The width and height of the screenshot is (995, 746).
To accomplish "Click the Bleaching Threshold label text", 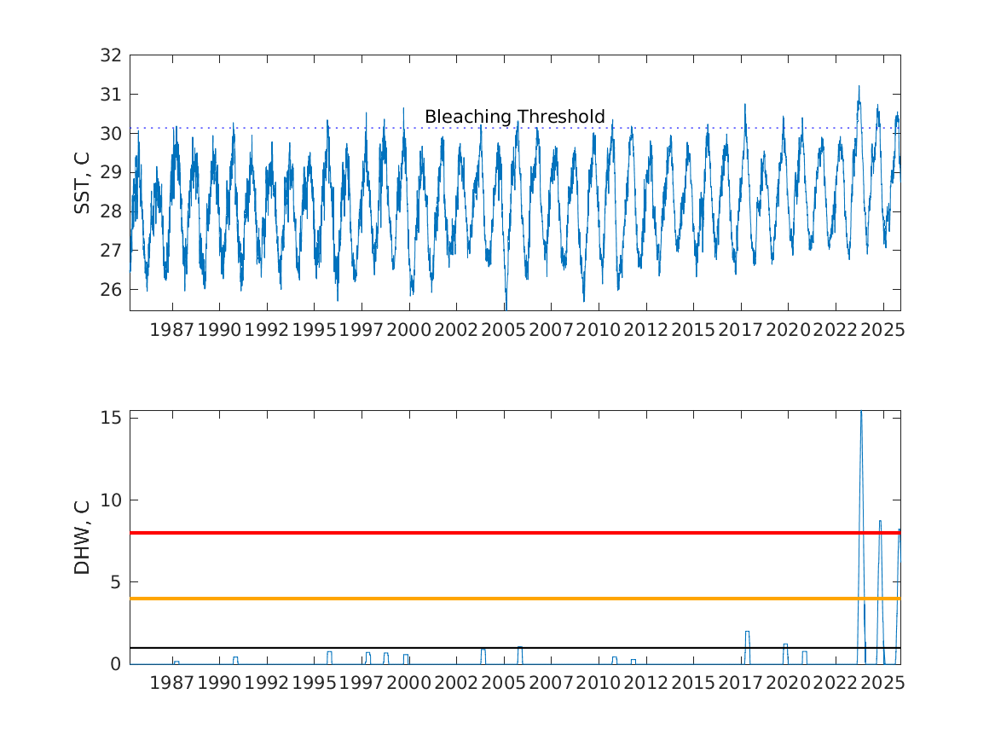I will [514, 117].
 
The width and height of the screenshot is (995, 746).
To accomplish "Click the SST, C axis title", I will [83, 182].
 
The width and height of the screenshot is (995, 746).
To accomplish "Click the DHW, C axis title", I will [83, 537].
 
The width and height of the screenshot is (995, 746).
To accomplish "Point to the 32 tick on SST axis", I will [113, 55].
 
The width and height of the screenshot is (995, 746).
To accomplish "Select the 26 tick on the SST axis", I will [113, 290].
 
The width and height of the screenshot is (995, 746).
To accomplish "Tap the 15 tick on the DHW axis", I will [113, 418].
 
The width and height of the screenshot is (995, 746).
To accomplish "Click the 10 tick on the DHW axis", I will [113, 500].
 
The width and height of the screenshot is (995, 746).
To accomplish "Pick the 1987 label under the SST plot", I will [172, 330].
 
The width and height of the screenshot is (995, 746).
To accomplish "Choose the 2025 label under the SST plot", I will [882, 330].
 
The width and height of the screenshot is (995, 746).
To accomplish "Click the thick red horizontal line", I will [512, 533].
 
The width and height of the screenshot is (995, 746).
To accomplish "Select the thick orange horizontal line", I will [512, 599].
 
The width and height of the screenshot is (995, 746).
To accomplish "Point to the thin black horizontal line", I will [512, 648].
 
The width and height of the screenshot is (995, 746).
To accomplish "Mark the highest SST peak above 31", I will [859, 87].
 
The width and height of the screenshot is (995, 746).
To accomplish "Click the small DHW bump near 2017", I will [747, 633].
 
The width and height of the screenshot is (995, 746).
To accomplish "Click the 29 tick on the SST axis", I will [113, 172].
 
